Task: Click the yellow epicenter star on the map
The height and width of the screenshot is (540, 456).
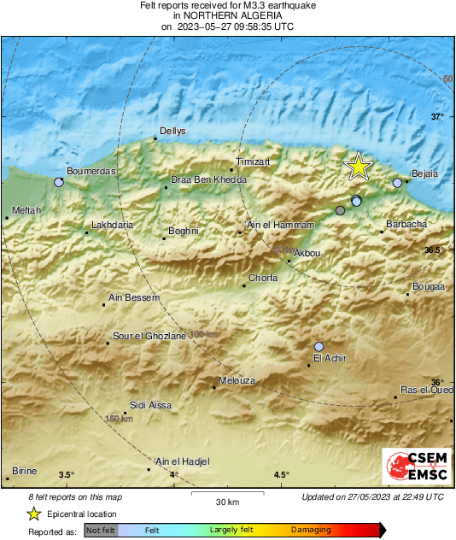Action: coord(359,167)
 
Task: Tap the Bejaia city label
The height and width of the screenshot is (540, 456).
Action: coord(424,173)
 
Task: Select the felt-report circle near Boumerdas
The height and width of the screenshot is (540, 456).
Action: coord(59,182)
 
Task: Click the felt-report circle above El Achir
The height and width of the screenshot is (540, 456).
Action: coord(319,346)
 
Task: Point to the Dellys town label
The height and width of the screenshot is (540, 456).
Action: coord(170,132)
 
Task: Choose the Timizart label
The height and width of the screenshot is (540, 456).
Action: coord(253,161)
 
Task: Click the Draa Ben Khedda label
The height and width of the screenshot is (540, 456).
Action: coord(208,180)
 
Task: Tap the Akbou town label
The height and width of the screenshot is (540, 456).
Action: coord(307,254)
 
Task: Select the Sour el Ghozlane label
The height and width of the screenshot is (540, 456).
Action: coord(149,337)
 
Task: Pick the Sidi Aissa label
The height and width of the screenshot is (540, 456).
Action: coord(147,404)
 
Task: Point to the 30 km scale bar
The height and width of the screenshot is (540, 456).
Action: coord(226,493)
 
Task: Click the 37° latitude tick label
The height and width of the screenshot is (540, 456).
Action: coord(437,116)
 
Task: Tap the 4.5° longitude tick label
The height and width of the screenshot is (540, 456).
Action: coord(281,475)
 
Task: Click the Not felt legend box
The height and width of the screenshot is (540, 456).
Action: coord(101,531)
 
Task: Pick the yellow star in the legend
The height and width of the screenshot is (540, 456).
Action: coord(32,514)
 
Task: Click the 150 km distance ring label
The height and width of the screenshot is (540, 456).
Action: coord(118,419)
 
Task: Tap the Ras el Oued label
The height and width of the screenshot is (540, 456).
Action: coord(426,390)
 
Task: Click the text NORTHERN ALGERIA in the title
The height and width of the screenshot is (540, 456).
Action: coord(227,15)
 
